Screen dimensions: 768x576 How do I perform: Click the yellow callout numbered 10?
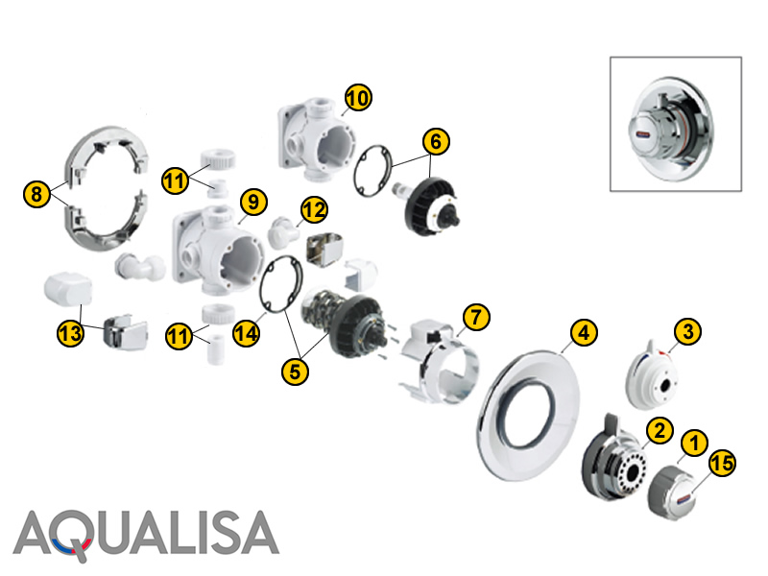coord(358,97)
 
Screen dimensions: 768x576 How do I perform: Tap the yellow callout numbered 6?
coord(436,141)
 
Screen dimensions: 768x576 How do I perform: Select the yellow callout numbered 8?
coord(36,194)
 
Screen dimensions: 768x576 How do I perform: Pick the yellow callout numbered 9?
coord(253,202)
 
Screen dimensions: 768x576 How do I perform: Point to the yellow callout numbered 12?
coord(314,209)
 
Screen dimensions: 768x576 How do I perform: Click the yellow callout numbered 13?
coord(70,333)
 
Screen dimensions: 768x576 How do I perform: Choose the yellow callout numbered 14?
coord(246,333)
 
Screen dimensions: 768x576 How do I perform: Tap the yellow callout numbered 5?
coord(295,371)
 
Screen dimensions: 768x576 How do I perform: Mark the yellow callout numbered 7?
coord(476,317)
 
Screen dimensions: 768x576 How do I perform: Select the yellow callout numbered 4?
coord(584,332)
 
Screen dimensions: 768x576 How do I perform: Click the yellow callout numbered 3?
coord(687,331)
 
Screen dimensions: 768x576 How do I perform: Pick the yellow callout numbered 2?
coord(660,430)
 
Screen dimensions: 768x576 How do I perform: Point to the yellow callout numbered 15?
coord(722,463)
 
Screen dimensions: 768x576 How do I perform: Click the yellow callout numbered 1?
coord(694,443)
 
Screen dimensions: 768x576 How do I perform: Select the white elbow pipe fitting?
coord(139,267)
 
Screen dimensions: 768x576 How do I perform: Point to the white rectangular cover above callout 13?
coord(67,290)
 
